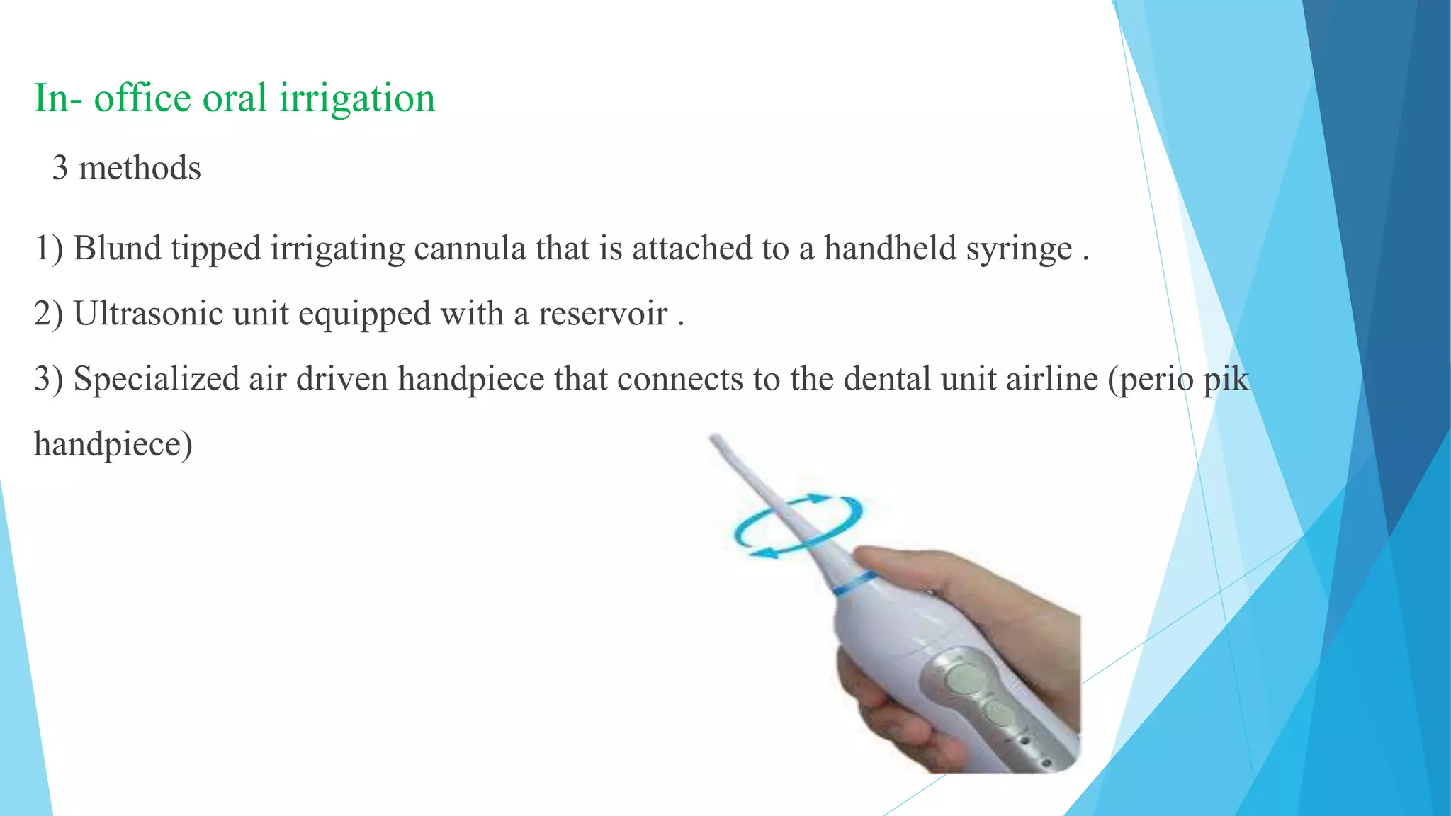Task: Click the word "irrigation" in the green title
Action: (357, 98)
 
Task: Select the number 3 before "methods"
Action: (60, 169)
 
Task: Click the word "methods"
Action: (140, 169)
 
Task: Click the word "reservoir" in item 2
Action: (602, 314)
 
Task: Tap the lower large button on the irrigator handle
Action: (1000, 714)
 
